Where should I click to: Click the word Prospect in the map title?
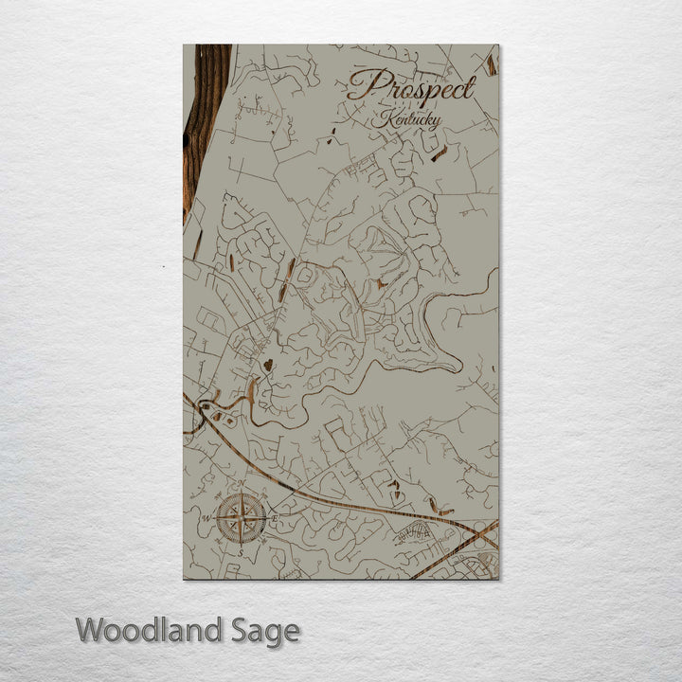tap(411, 88)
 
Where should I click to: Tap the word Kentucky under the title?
tap(406, 120)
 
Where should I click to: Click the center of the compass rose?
tap(242, 518)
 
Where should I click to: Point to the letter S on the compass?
tap(241, 551)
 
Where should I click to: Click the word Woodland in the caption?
tap(150, 630)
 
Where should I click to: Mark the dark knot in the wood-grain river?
tap(187, 140)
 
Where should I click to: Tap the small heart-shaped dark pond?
tap(268, 364)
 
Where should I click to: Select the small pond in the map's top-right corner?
tap(492, 64)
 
